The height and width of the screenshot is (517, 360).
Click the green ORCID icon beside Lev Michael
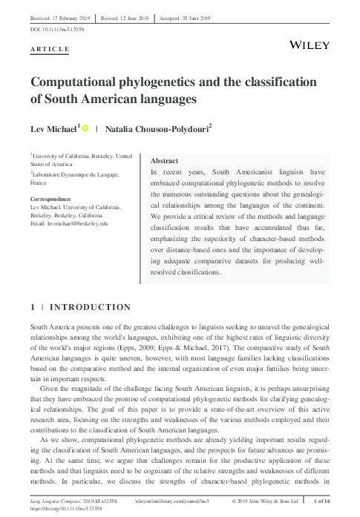[x=86, y=128]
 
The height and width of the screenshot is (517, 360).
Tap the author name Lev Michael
[x=53, y=128]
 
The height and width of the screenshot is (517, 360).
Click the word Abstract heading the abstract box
[x=164, y=161]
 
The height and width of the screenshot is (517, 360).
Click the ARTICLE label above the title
[x=50, y=49]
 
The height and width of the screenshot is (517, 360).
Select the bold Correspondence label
[x=50, y=199]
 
